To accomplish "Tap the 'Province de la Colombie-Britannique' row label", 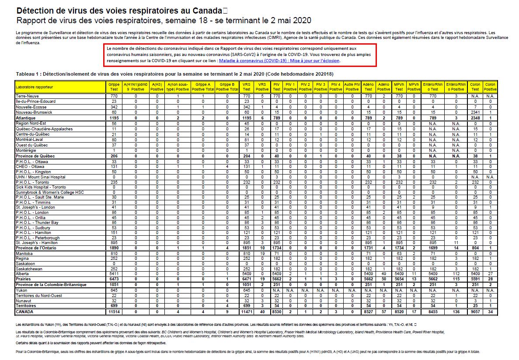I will [51, 285].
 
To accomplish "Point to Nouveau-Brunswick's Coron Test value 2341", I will [474, 112].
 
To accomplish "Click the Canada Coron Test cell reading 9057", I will [474, 311].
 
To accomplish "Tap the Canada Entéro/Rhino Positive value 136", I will [456, 311].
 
